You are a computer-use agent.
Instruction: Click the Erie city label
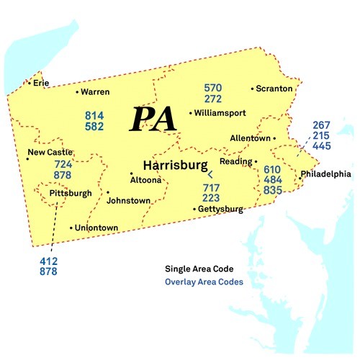[x=41, y=83]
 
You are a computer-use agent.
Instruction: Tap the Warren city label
[x=95, y=92]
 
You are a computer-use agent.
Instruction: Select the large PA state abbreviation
[x=153, y=118]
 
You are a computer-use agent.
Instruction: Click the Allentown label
[x=250, y=138]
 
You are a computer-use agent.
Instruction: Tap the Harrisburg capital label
[x=176, y=165]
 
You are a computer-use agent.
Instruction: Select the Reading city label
[x=235, y=162]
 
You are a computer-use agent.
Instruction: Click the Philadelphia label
[x=325, y=174]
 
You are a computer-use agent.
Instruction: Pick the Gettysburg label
[x=220, y=210]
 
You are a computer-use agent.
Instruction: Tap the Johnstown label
[x=128, y=201]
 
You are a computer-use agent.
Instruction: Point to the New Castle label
[x=50, y=152]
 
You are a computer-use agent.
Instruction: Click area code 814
[x=94, y=115]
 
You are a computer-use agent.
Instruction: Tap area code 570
[x=213, y=88]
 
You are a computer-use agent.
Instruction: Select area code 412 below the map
[x=49, y=261]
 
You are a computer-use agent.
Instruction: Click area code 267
[x=322, y=125]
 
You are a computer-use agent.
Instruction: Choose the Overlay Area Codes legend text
[x=204, y=282]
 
